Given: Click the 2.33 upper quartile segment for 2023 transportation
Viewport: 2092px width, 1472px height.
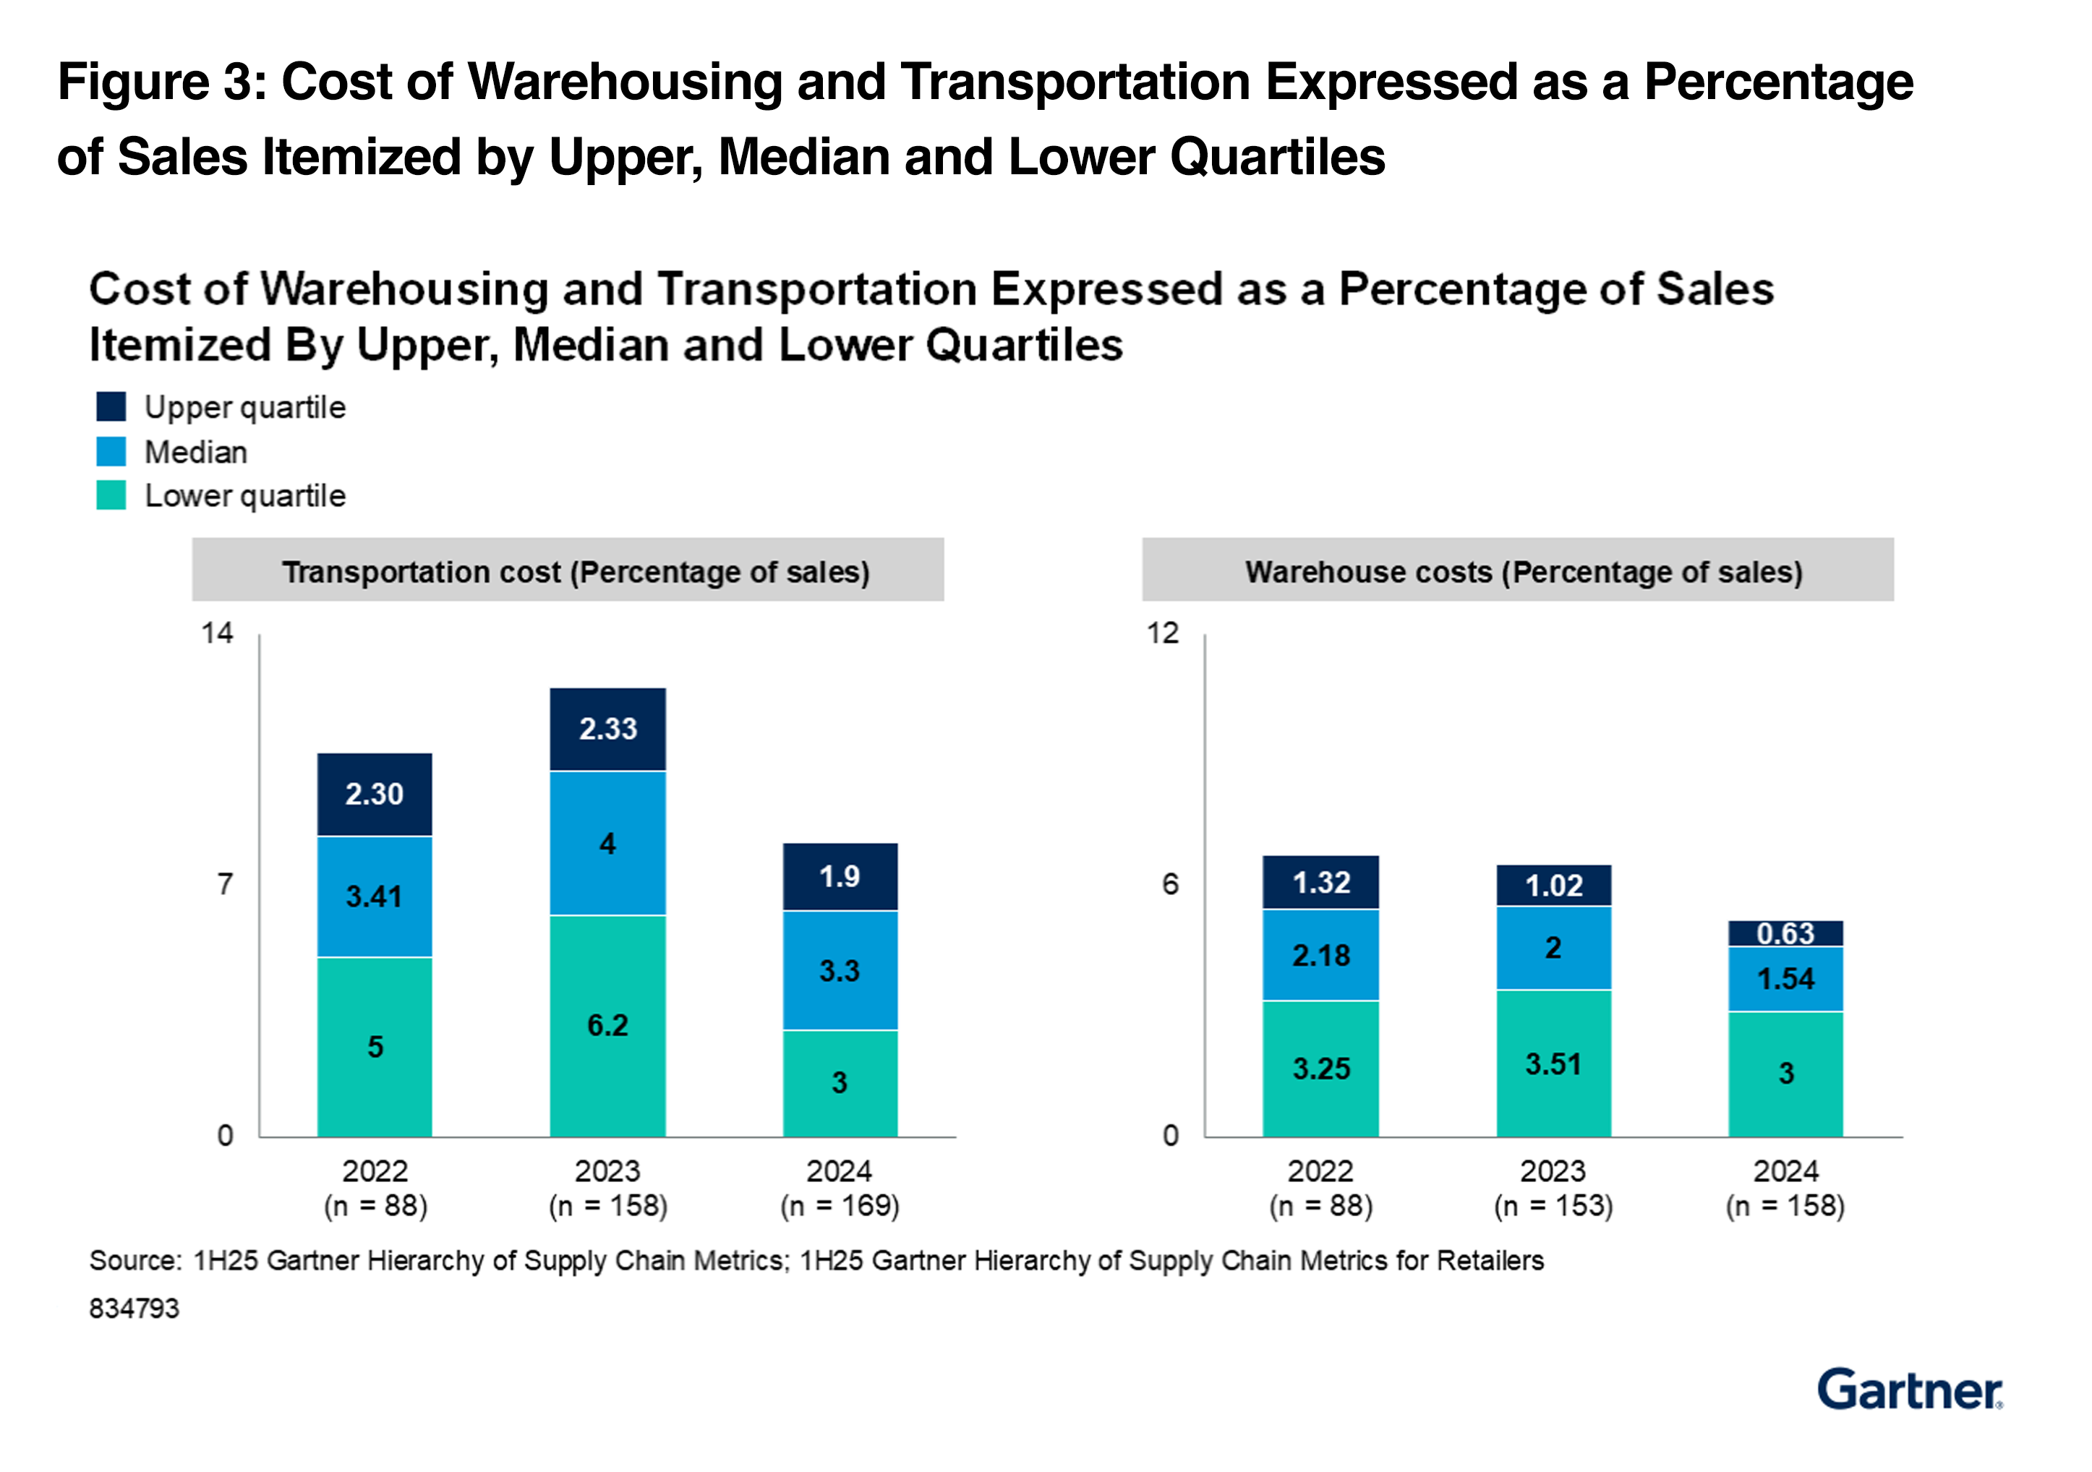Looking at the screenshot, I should [607, 729].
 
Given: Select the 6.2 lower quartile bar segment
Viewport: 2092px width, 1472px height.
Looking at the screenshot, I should [607, 1026].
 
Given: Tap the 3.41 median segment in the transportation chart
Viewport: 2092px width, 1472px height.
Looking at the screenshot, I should [375, 897].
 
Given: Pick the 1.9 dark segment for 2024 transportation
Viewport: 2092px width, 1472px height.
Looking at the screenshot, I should [840, 876].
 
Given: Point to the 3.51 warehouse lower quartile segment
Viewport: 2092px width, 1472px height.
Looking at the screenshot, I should [1553, 1064].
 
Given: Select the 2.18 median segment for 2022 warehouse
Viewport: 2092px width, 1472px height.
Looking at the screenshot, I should [1320, 956].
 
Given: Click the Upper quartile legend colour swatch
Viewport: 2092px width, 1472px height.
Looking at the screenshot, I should [111, 407].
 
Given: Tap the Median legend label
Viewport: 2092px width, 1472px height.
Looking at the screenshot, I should [196, 452].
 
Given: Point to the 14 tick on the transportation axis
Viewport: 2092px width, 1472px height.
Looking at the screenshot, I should [217, 633].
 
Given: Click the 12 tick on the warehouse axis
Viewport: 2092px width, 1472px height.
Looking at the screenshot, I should [1163, 633].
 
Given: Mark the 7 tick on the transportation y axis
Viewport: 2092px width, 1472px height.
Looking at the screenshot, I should [225, 884].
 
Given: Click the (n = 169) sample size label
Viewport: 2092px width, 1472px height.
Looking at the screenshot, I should [840, 1206].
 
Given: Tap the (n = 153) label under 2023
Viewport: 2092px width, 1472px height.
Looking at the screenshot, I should [1553, 1206].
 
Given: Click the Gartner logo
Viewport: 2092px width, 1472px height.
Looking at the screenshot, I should [1910, 1390].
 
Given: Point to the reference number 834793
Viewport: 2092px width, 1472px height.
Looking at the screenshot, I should [134, 1309].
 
